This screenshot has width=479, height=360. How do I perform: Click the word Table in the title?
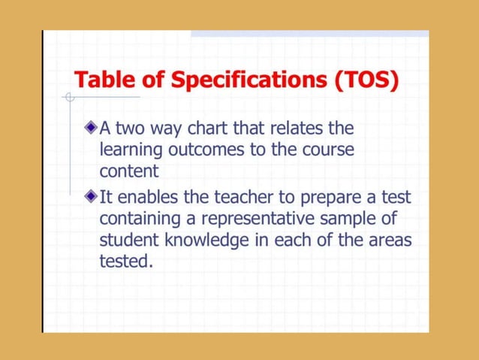coord(101,79)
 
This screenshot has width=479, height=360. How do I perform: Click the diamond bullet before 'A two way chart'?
coord(91,128)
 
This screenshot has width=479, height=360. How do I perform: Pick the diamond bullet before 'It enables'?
coord(91,197)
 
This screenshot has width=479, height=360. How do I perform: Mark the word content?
coord(128,171)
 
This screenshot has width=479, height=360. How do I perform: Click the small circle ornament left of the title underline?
coord(69,97)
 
